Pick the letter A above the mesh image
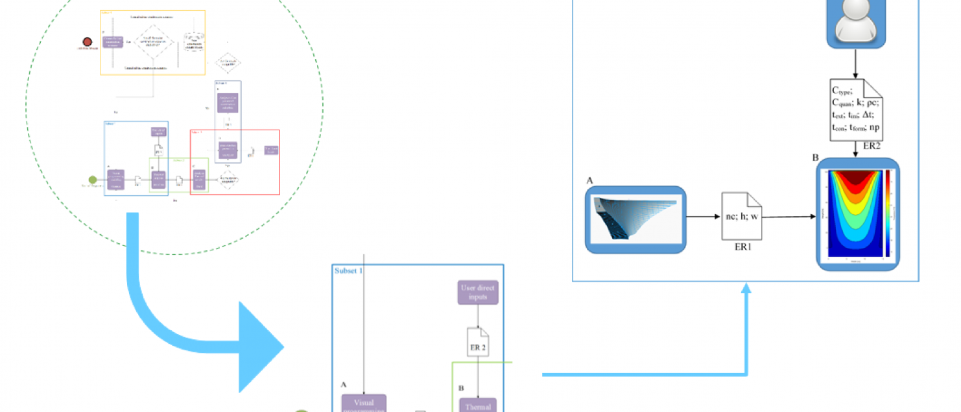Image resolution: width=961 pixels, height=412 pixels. [589, 181]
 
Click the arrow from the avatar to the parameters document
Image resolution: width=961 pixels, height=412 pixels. [857, 63]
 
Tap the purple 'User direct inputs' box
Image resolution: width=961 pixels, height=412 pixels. [478, 294]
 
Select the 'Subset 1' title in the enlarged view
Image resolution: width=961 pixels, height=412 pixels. [349, 270]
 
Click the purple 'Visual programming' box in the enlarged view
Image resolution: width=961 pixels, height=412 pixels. [364, 403]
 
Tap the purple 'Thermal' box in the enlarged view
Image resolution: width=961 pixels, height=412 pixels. [478, 405]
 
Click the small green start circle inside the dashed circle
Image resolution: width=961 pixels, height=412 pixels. [92, 180]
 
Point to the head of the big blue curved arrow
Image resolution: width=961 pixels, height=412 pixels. [266, 347]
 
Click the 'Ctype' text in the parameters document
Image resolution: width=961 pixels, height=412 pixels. [844, 91]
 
